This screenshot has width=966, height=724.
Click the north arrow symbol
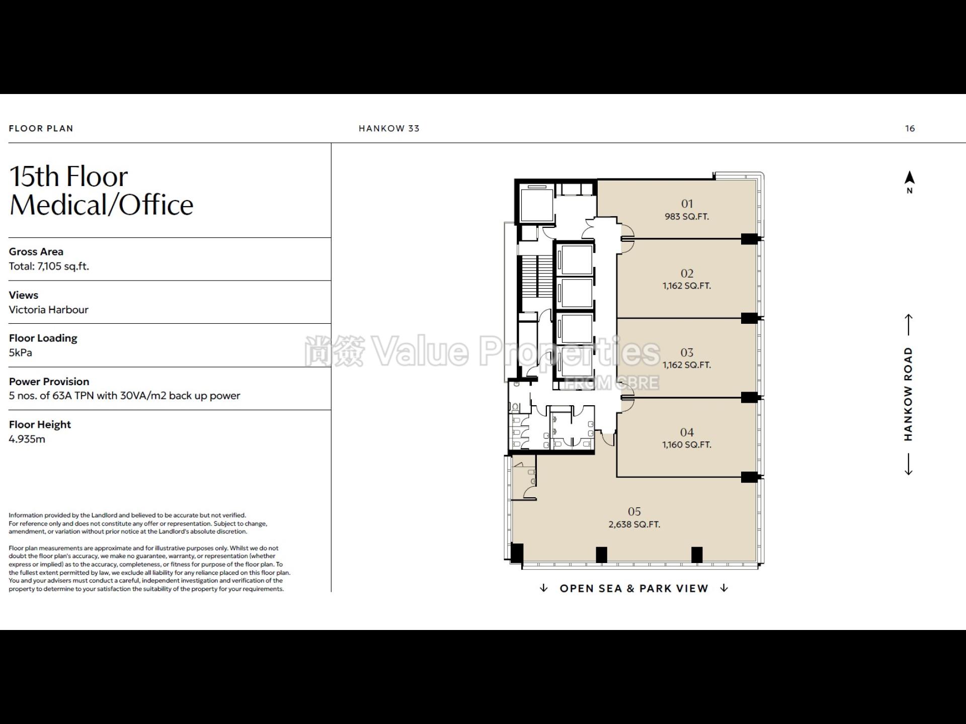[x=910, y=178]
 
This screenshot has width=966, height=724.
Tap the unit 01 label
[x=687, y=204]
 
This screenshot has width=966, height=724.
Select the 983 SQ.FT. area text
[x=687, y=217]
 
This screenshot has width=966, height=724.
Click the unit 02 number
[x=687, y=274]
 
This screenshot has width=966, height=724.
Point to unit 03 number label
[x=687, y=353]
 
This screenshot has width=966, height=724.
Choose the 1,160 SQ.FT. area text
[x=687, y=445]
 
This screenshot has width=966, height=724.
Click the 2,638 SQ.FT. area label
[x=634, y=524]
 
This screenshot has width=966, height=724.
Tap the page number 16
[x=910, y=128]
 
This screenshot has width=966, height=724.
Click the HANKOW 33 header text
[x=389, y=128]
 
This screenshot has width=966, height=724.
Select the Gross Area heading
[x=36, y=251]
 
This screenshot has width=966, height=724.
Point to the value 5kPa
[x=21, y=352]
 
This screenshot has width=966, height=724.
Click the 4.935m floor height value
[x=27, y=439]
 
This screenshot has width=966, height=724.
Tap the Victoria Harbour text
[x=49, y=310]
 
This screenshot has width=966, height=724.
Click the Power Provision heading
[x=49, y=382]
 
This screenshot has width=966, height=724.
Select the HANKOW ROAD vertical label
[x=908, y=394]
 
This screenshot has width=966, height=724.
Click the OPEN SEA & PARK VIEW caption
[x=634, y=588]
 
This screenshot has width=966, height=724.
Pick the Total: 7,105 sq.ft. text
[x=49, y=266]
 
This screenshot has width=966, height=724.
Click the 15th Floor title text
[x=69, y=176]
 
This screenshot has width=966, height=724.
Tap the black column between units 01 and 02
[x=750, y=239]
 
